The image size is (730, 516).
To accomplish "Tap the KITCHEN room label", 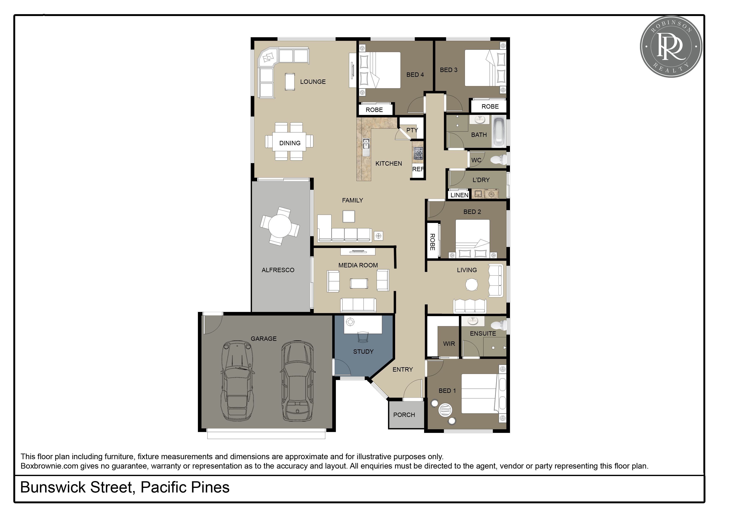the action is tap(389, 163).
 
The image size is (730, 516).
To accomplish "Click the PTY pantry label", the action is tap(412, 130).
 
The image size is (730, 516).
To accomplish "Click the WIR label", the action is tap(449, 344).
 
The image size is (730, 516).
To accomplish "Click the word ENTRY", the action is tap(402, 370).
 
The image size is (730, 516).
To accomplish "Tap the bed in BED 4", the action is tap(380, 70).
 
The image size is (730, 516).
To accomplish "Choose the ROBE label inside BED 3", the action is tap(490, 107).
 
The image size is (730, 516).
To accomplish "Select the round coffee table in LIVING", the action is tap(472, 285).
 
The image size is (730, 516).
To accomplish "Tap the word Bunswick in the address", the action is tap(53, 487).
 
